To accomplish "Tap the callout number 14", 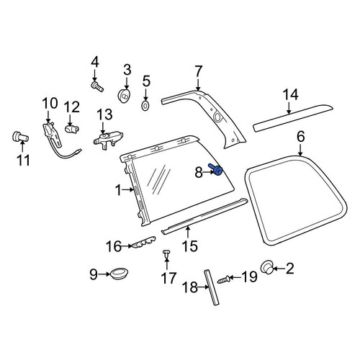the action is click(291, 95).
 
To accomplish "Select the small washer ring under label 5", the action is click(145, 106).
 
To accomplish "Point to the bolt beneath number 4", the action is click(97, 86).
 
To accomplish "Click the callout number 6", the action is click(301, 137).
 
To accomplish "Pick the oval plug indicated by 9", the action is click(120, 274).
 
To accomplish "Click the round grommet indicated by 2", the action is click(266, 267).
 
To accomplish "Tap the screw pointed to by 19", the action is click(223, 279).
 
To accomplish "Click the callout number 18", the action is click(190, 287).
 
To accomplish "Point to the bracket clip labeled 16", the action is click(143, 243).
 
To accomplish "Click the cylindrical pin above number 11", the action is click(20, 137).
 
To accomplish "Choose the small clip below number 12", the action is click(72, 129).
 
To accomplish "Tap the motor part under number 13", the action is click(108, 140).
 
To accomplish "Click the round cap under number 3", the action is click(125, 96).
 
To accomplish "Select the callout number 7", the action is click(198, 71).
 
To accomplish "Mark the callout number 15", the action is click(190, 246).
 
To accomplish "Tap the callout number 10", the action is click(50, 104).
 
